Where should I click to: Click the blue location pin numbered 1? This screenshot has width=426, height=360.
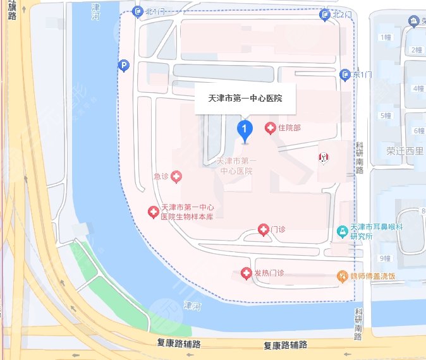(x=245, y=129)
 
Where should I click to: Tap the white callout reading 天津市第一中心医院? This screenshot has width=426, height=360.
(x=245, y=99)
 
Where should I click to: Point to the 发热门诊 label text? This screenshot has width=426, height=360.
(x=269, y=273)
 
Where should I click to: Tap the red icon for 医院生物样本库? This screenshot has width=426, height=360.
(x=152, y=212)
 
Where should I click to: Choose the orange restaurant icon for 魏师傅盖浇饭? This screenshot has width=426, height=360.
(x=342, y=276)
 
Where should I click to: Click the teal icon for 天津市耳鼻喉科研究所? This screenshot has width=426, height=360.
(x=342, y=232)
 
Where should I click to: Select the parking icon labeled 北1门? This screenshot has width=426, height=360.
(x=138, y=11)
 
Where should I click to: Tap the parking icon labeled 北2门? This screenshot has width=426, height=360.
(x=325, y=14)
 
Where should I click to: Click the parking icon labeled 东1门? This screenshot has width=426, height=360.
(x=345, y=75)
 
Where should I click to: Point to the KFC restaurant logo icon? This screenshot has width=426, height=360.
(x=323, y=157)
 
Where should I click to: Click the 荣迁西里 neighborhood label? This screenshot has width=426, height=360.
(x=405, y=152)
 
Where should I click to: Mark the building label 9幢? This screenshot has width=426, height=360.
(x=385, y=258)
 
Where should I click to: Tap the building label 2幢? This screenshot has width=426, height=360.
(x=417, y=50)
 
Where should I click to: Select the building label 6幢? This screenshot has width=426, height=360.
(x=418, y=131)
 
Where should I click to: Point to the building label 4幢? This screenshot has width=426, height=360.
(x=418, y=88)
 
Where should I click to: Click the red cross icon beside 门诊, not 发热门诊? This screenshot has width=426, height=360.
(x=264, y=229)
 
